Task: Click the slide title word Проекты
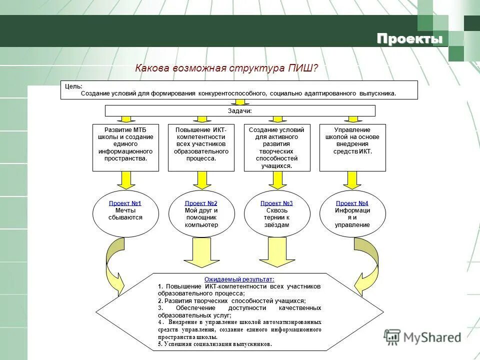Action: point(409,39)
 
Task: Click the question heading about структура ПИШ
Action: point(226,68)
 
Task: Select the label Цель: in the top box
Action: point(74,86)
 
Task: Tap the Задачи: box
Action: point(239,111)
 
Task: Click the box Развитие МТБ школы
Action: point(125,147)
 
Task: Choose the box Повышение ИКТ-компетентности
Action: point(201,147)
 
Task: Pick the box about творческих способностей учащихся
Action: point(277,147)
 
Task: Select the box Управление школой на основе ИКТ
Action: point(352,147)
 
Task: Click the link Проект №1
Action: point(125,203)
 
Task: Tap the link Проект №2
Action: point(201,203)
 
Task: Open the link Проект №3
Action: point(276,203)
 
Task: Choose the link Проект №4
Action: point(352,203)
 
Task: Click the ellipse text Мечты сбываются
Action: point(125,214)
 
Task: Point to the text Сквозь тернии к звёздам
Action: point(276,217)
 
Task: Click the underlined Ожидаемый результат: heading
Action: point(239,279)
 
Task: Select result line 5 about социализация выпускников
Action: point(215,344)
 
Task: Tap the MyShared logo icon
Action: point(392,336)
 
